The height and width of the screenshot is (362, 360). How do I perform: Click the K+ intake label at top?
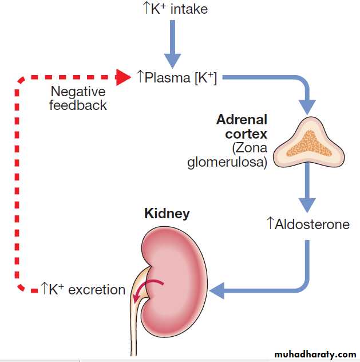175,9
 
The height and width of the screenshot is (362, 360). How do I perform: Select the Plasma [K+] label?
177,77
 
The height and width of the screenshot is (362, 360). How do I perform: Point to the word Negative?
78,92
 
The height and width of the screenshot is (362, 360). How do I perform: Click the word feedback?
78,105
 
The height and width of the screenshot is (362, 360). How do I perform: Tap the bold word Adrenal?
242,120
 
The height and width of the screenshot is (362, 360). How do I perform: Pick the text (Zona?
250,148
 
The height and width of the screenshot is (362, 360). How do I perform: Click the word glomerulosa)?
227,162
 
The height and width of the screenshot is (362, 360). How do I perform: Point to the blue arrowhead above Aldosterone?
308,206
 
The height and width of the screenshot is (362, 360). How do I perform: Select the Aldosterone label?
308,224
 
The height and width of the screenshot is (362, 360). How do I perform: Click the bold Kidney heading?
167,214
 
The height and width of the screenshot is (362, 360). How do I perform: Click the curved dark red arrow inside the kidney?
150,286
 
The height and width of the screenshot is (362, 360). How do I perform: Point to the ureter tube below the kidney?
133,326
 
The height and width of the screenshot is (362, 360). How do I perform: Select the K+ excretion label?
82,289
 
